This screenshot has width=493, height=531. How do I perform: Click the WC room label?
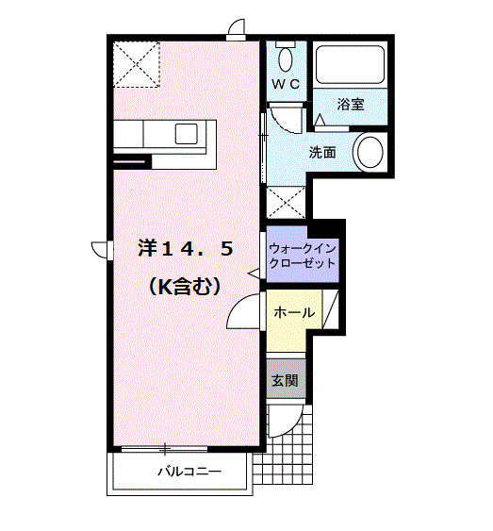(x=286, y=84)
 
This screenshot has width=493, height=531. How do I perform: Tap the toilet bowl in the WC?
(x=286, y=59)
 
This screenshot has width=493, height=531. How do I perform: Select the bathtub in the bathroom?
(x=350, y=64)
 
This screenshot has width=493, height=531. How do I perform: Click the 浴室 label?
(x=351, y=104)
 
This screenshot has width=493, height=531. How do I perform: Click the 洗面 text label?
(x=321, y=153)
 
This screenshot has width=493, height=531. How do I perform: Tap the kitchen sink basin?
(x=186, y=133)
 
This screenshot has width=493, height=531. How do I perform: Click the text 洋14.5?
(x=186, y=248)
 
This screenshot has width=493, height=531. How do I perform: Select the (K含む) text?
(x=185, y=287)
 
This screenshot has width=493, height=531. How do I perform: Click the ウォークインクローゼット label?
(x=303, y=256)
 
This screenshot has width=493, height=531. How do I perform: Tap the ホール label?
(x=294, y=312)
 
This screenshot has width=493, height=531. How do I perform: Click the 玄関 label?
(x=286, y=380)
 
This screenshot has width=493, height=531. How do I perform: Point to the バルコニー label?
(x=189, y=471)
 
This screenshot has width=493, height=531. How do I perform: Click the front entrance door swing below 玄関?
(x=285, y=421)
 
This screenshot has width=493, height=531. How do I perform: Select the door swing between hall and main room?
(x=244, y=311)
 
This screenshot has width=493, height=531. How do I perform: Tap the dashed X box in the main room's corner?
(x=136, y=64)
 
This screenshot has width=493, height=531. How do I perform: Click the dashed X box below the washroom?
(x=286, y=202)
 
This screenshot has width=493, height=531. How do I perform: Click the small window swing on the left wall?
(x=100, y=250)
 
